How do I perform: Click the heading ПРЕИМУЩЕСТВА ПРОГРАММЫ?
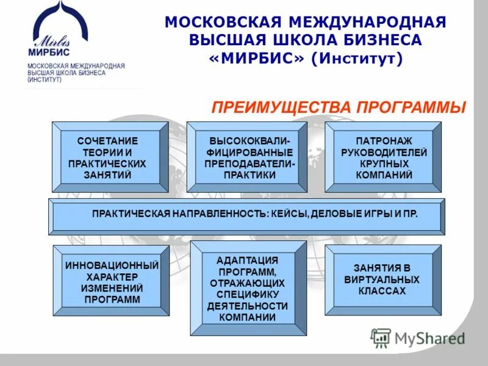(x=338, y=107)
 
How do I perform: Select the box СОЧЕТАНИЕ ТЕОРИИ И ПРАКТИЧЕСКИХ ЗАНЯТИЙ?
(x=110, y=157)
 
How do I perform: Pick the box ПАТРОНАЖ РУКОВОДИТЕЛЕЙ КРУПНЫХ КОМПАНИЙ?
(x=383, y=157)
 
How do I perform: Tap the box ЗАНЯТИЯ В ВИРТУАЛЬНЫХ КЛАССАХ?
(x=383, y=279)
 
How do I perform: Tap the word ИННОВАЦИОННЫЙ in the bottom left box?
(x=112, y=265)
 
